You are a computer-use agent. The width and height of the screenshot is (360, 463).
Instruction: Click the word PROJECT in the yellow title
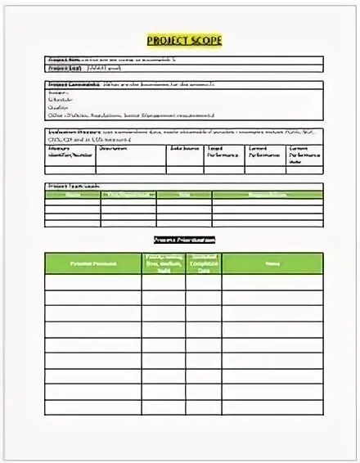168,39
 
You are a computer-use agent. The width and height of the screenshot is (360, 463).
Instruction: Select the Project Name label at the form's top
62,61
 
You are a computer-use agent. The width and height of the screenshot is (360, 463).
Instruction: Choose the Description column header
114,148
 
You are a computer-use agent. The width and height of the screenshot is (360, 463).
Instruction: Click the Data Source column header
183,148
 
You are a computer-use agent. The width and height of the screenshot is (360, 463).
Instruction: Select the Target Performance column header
222,151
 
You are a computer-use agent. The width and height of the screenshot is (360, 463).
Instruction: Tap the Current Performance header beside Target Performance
263,151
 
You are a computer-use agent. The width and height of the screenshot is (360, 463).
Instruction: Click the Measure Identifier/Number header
70,151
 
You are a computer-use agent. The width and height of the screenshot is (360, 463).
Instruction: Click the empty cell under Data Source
186,168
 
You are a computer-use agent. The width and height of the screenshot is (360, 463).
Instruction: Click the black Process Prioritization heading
184,240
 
